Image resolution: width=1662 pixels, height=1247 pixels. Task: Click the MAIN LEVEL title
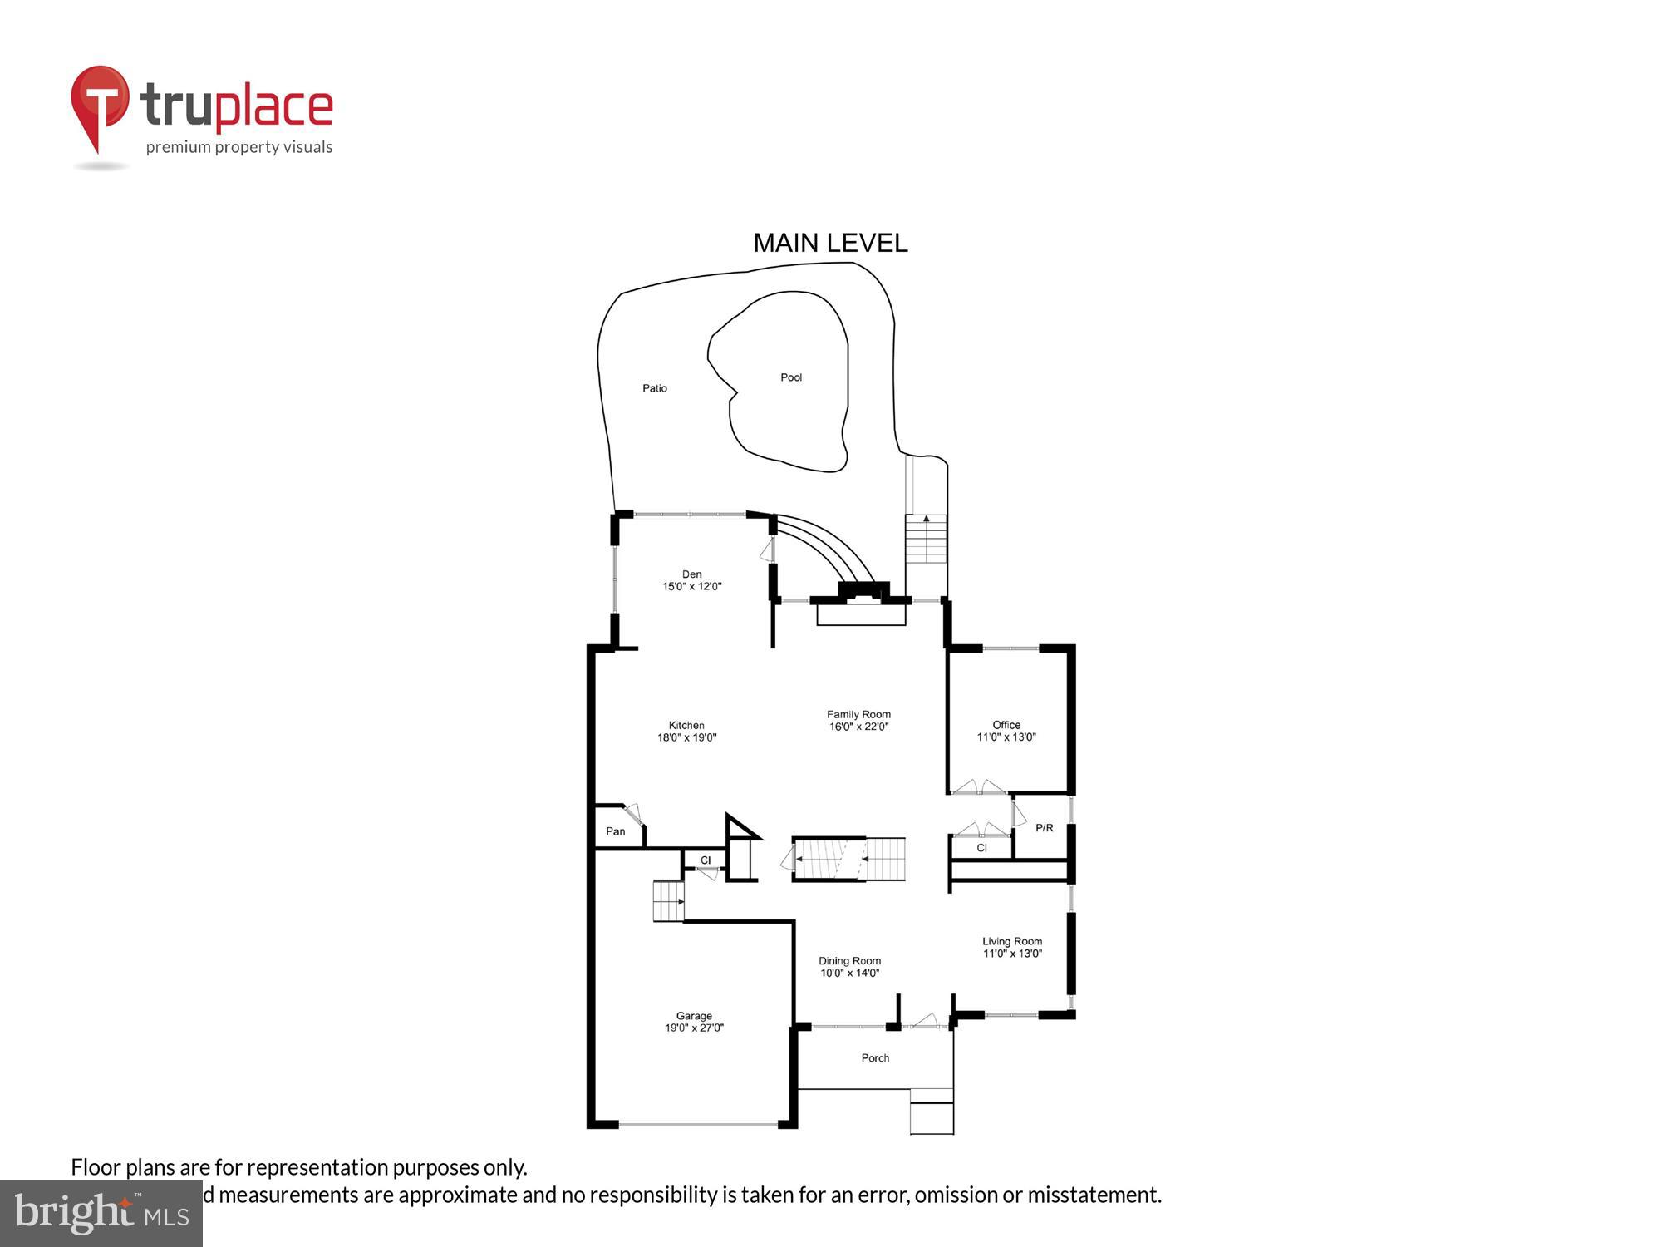tap(830, 243)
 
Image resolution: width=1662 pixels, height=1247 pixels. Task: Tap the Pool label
tap(791, 377)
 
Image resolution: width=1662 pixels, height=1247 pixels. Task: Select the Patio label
tap(655, 388)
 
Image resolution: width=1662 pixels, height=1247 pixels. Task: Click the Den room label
tap(691, 574)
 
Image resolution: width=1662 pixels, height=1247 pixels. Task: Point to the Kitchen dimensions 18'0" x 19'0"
tap(686, 737)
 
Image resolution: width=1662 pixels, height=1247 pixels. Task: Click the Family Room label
tap(858, 714)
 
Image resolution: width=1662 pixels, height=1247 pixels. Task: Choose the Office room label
tap(1006, 725)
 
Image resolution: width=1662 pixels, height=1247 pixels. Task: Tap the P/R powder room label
tap(1045, 828)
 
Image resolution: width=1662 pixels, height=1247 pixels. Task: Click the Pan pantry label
tap(616, 831)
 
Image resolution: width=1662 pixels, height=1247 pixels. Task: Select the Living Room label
tap(1012, 941)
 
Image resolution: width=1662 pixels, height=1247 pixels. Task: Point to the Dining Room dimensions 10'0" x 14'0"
tap(849, 973)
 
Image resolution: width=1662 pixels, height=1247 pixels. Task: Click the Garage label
tap(694, 1016)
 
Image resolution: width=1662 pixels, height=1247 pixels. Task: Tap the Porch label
tap(875, 1058)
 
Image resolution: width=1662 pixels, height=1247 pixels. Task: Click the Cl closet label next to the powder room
tap(981, 848)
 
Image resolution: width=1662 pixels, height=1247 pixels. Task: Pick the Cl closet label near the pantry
tap(706, 860)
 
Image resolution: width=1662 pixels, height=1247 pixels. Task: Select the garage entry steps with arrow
tap(668, 901)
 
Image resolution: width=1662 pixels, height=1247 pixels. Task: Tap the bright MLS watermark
tap(101, 1214)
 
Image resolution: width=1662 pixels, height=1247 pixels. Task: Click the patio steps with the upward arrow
tap(926, 539)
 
